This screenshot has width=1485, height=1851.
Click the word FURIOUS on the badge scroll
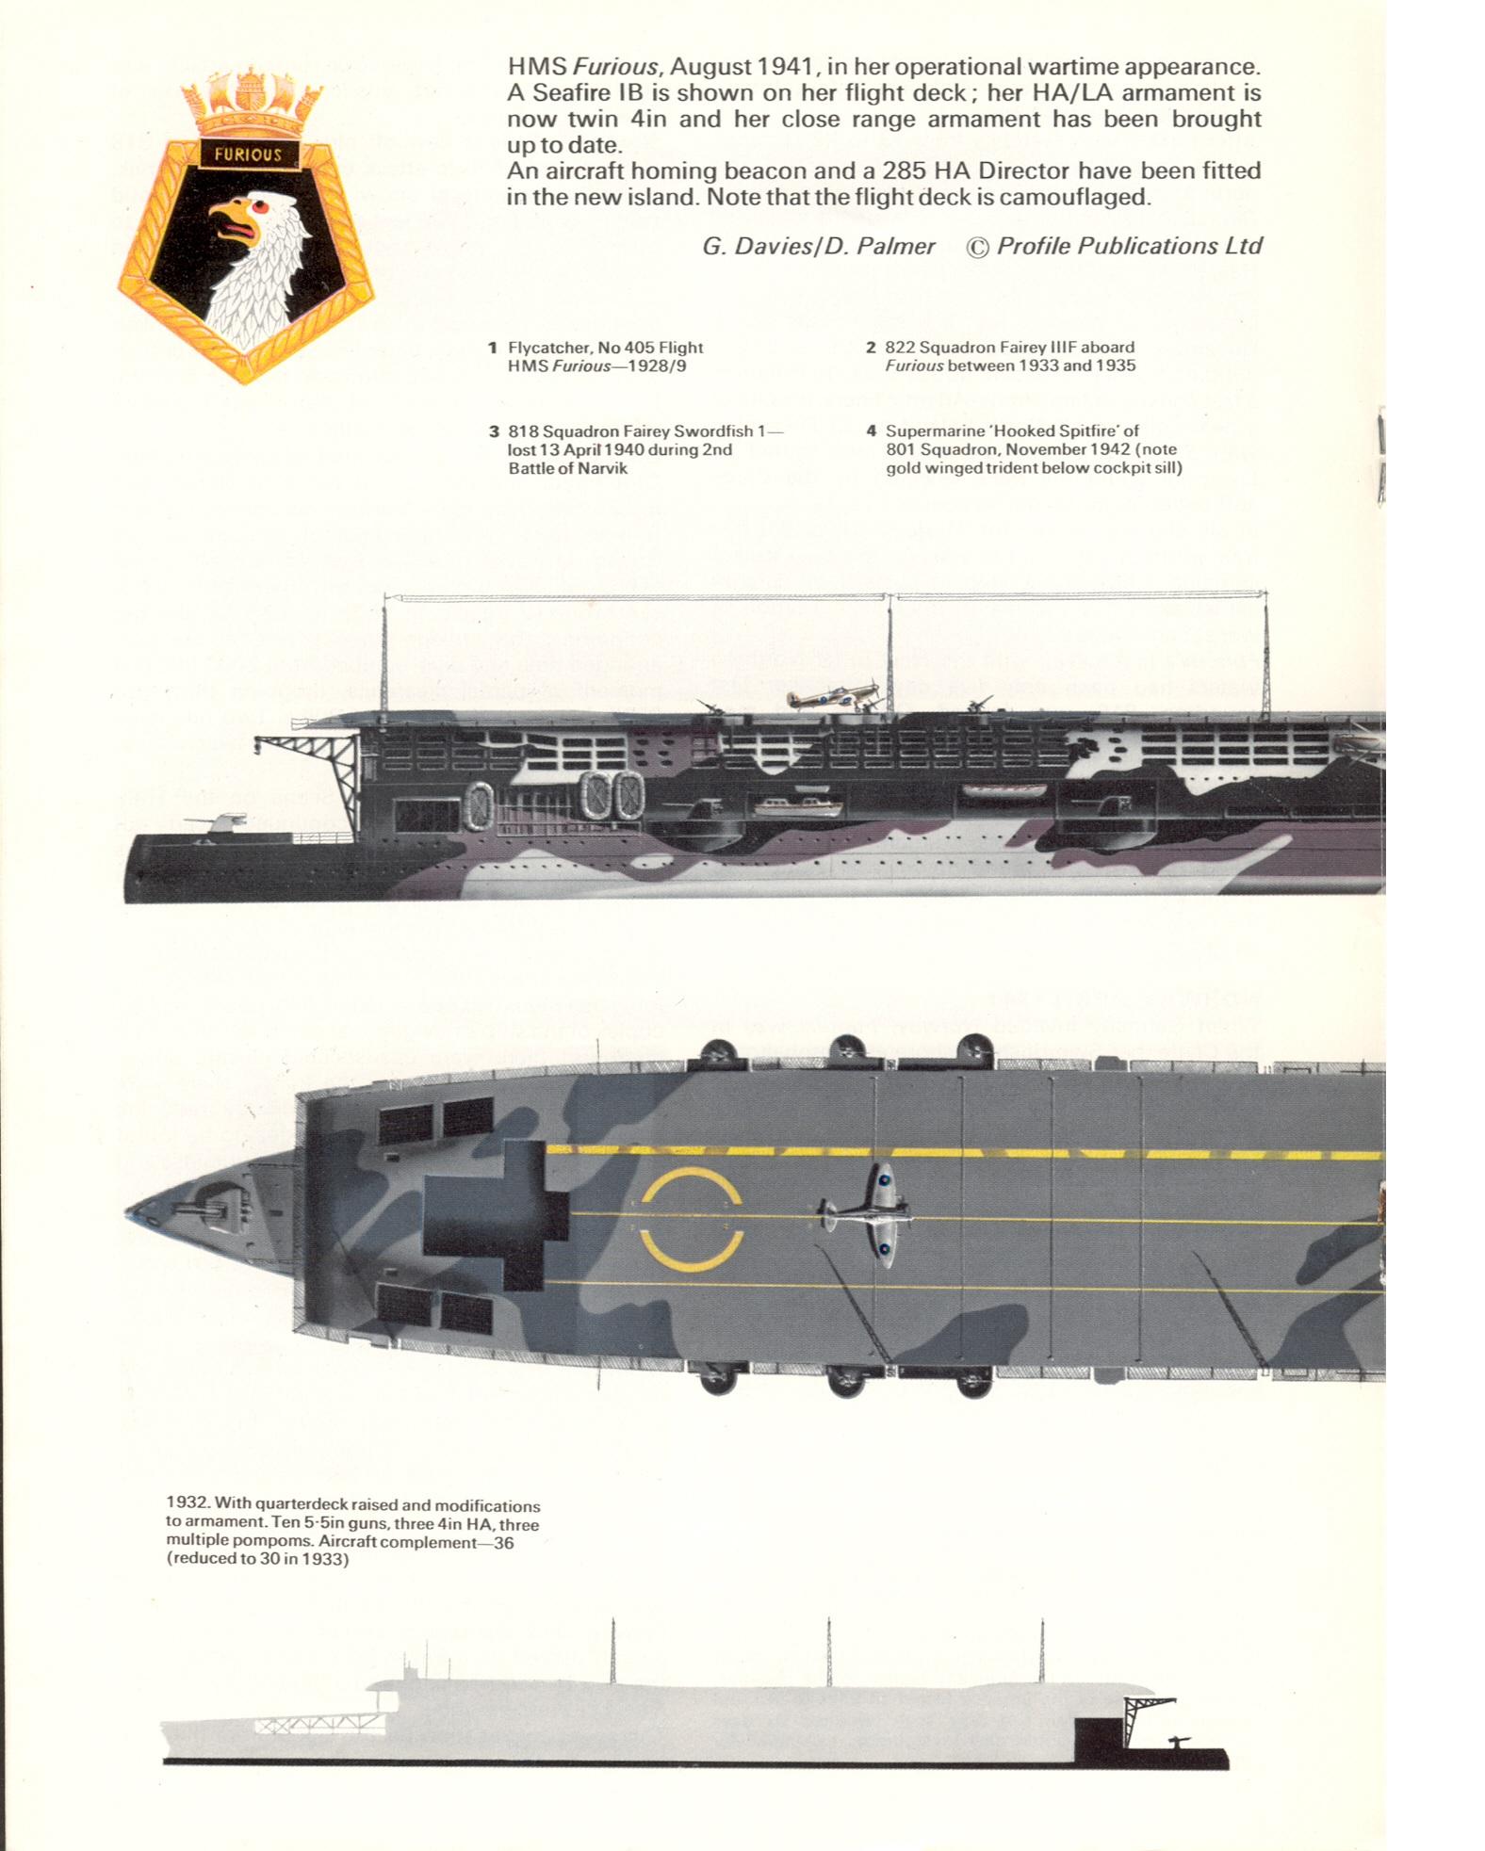[248, 154]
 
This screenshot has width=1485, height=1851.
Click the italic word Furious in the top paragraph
[616, 67]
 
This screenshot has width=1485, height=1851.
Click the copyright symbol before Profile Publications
[978, 247]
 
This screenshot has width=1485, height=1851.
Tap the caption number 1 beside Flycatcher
[492, 348]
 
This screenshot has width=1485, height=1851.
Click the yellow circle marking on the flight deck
[692, 1219]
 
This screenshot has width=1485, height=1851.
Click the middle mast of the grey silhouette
[828, 1651]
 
